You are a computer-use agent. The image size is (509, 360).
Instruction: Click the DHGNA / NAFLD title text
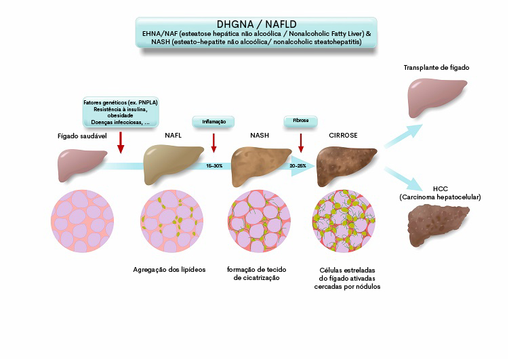(x=256, y=24)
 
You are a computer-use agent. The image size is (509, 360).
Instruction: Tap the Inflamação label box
(x=213, y=122)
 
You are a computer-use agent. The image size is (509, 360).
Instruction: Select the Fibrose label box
(x=301, y=121)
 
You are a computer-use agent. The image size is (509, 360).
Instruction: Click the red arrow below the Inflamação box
(x=213, y=143)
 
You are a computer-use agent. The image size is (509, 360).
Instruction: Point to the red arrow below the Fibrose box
(x=301, y=143)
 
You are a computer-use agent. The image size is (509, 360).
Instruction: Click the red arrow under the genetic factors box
(x=121, y=142)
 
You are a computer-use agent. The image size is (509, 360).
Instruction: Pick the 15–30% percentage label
(x=214, y=166)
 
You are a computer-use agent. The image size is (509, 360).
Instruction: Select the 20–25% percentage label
(x=298, y=166)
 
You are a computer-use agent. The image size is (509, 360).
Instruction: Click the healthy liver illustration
(x=81, y=164)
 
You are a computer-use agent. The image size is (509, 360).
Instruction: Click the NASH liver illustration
(x=260, y=165)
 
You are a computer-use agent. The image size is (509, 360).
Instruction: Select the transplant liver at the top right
(x=436, y=97)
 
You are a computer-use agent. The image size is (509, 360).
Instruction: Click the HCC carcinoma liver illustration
(x=436, y=224)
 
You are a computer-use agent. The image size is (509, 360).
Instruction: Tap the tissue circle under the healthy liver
(x=83, y=222)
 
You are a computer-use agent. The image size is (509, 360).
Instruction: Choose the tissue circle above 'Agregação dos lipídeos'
(x=171, y=222)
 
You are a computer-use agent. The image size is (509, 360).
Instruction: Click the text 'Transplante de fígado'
(x=436, y=68)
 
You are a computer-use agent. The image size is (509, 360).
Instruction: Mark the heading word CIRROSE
(x=343, y=136)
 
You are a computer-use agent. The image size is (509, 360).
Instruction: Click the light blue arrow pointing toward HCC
(x=403, y=178)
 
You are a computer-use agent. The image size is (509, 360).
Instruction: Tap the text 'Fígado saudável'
(x=82, y=136)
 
